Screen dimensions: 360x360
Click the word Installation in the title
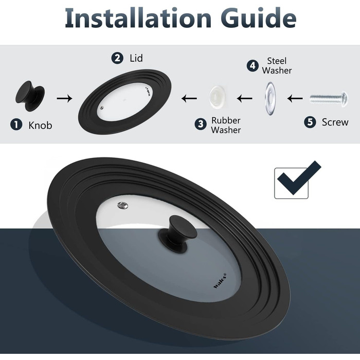point(138,18)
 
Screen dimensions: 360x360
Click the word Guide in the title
point(258,18)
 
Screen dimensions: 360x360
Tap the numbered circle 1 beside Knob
point(16,124)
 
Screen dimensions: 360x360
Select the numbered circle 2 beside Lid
point(117,58)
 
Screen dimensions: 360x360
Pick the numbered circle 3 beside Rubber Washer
point(201,124)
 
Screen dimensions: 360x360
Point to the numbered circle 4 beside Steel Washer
point(253,66)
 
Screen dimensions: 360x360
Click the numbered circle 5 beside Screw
point(310,122)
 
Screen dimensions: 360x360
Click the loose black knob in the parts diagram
point(30,96)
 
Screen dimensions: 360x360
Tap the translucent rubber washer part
point(217,97)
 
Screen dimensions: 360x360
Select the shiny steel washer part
point(270,99)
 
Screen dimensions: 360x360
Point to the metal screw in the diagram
point(329,99)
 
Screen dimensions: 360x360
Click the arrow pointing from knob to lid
point(64,99)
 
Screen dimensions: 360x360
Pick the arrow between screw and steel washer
point(295,99)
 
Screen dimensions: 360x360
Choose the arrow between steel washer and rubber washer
point(244,99)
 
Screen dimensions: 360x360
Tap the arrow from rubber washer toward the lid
point(189,99)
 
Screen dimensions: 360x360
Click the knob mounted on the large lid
point(178,235)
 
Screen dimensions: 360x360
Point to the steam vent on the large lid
point(123,206)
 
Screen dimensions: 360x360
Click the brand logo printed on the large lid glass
point(220,280)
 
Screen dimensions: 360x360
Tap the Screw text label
point(335,122)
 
